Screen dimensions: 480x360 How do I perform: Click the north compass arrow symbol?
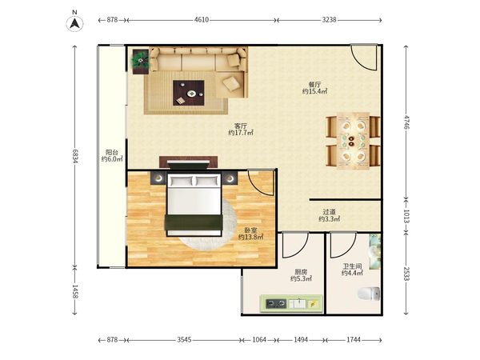(74, 23)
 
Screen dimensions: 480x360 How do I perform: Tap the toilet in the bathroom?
(369, 294)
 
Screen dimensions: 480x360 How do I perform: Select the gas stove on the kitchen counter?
(276, 304)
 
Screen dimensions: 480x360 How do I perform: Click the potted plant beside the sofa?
(141, 60)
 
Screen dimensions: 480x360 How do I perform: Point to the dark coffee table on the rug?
(189, 93)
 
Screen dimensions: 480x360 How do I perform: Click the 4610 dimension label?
(202, 20)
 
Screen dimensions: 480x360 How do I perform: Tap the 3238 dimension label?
(329, 20)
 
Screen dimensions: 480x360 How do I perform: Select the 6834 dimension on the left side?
(75, 156)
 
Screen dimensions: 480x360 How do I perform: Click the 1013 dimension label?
(406, 217)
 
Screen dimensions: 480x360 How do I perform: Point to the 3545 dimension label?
(184, 339)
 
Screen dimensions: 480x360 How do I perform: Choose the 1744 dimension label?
(354, 339)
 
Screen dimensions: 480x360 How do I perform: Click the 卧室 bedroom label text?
(250, 230)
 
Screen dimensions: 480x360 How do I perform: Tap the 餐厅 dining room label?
(314, 85)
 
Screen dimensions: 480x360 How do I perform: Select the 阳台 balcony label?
(112, 152)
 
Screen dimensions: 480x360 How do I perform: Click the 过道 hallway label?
(329, 212)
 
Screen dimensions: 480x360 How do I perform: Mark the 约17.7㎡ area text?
(241, 133)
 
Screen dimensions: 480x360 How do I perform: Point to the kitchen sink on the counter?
(298, 304)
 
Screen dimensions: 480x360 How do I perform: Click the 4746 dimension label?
(406, 122)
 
